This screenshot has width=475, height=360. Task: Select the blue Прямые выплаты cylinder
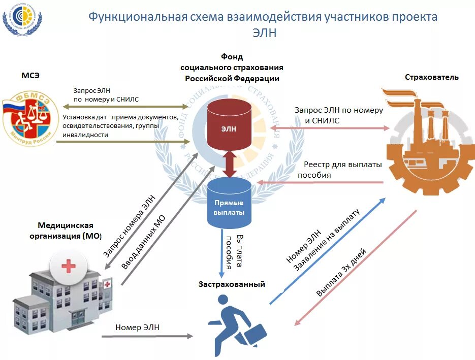pyautogui.click(x=229, y=206)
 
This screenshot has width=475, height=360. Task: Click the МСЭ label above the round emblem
pyautogui.click(x=30, y=76)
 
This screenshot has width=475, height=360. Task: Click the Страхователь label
pyautogui.click(x=431, y=77)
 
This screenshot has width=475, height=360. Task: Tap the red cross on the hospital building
pyautogui.click(x=68, y=266)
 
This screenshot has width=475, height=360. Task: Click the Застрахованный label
pyautogui.click(x=232, y=284)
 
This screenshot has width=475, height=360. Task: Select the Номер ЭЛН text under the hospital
pyautogui.click(x=137, y=328)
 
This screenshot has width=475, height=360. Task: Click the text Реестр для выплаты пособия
pyautogui.click(x=336, y=170)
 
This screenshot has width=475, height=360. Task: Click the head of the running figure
pyautogui.click(x=227, y=299)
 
